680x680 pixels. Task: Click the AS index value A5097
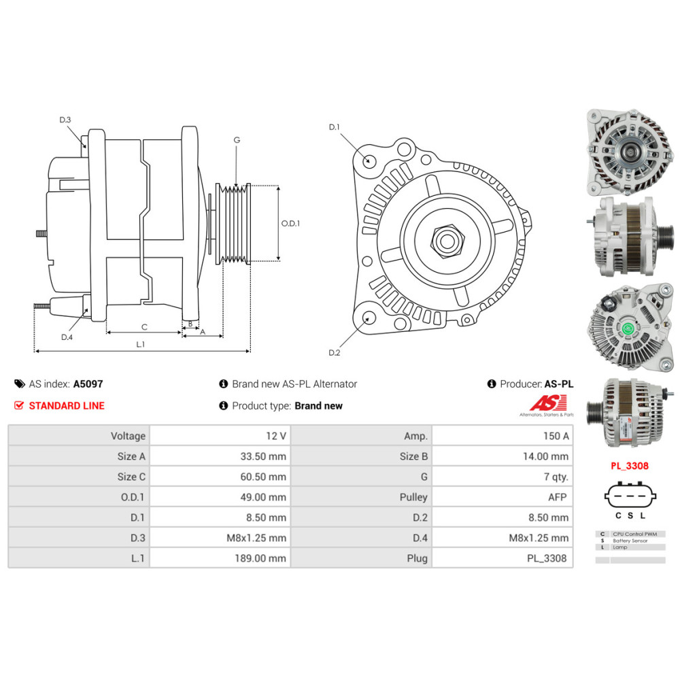(x=88, y=384)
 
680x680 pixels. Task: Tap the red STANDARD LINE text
(x=67, y=405)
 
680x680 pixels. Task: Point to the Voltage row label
(x=128, y=436)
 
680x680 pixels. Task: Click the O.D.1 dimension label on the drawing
(x=290, y=223)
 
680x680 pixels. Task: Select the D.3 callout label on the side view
(x=65, y=120)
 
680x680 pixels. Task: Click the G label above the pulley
(x=237, y=140)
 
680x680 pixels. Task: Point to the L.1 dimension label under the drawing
(x=141, y=344)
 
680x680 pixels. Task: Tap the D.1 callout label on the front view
(x=335, y=127)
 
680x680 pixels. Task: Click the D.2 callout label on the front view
(x=335, y=352)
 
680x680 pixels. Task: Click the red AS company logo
(x=547, y=403)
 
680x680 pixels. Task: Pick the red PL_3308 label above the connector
(x=630, y=466)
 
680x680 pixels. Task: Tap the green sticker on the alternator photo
(x=628, y=328)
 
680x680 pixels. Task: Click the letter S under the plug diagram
(x=630, y=515)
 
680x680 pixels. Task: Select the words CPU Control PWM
(x=635, y=534)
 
